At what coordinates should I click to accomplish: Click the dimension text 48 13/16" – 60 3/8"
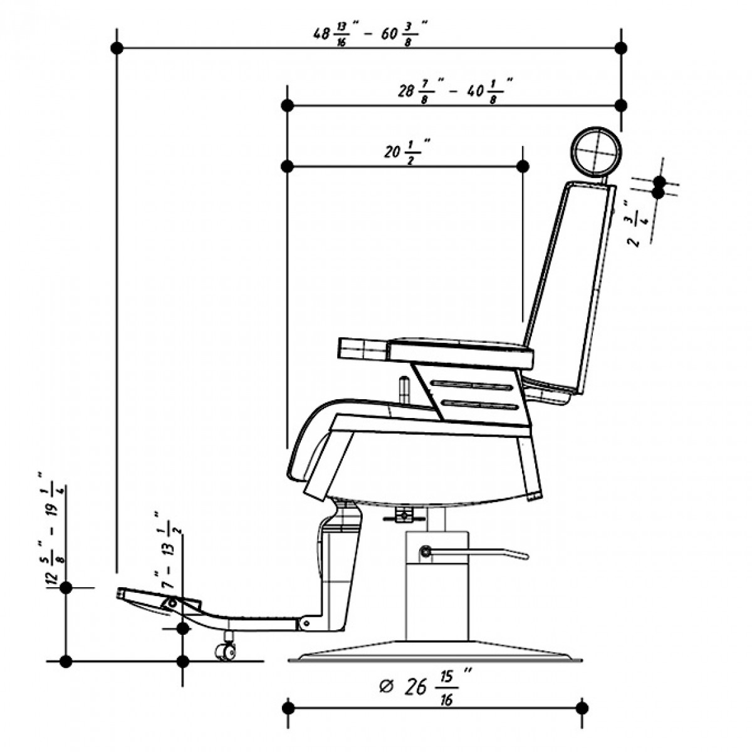370,33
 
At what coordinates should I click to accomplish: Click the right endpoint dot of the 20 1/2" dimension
523,166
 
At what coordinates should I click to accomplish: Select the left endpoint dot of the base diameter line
288,708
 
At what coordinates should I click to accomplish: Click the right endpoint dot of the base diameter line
582,708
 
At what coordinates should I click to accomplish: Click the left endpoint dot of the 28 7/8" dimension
288,105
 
